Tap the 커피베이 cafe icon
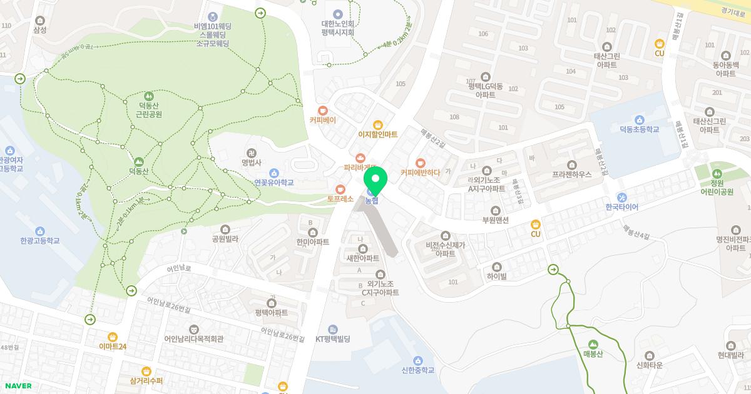point(322,110)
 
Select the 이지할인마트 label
point(377,134)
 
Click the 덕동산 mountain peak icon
point(138,161)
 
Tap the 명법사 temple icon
point(250,152)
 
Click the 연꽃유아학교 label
point(273,183)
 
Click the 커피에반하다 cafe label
point(420,172)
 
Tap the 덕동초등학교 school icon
point(639,120)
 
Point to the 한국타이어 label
point(621,207)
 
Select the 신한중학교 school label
point(418,370)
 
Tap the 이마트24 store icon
point(113,336)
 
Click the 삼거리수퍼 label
point(146,380)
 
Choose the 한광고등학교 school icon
point(40,231)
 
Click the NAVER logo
point(18,386)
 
